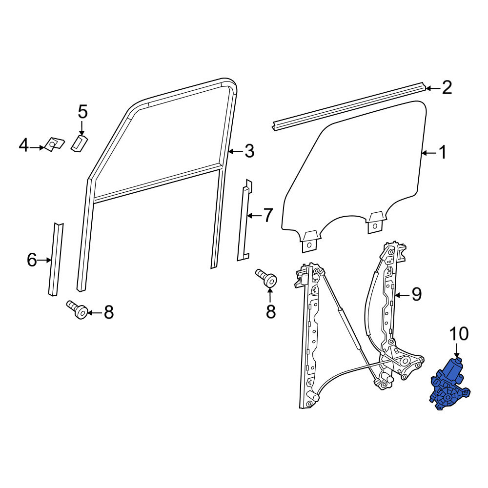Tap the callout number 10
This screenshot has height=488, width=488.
[x=459, y=334]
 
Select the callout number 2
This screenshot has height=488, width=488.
[x=447, y=87]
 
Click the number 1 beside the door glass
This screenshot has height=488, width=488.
[x=442, y=152]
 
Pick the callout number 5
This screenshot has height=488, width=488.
[x=82, y=112]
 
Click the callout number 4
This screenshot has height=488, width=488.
[x=23, y=145]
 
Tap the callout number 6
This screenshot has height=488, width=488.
[x=32, y=260]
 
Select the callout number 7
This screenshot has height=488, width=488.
[x=268, y=215]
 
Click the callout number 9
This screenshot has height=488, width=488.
[x=416, y=294]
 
